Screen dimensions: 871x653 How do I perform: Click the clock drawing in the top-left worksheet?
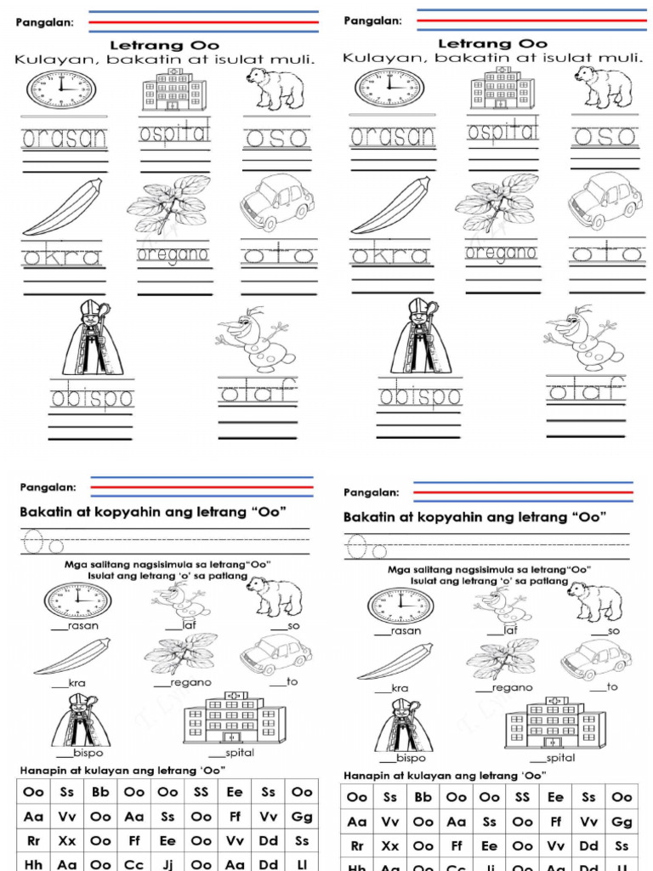pos(61,88)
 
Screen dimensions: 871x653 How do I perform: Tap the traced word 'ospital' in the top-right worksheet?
pos(503,134)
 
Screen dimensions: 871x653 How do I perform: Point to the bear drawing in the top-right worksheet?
pos(603,86)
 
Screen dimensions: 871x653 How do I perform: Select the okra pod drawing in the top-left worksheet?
pos(63,208)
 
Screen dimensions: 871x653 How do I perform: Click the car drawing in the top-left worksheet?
pos(277,202)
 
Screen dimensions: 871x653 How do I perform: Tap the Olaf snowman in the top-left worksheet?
pos(256,338)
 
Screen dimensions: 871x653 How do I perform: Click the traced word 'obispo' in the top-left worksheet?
pos(92,397)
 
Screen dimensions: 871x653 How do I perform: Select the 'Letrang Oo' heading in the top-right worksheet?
pos(491,43)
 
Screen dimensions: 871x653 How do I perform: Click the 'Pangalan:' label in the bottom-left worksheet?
pos(48,487)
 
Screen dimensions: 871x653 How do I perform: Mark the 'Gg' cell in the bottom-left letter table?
pos(302,817)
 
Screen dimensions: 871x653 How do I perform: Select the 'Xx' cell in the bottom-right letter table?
pos(390,846)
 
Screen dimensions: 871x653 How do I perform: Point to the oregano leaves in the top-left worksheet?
pos(168,203)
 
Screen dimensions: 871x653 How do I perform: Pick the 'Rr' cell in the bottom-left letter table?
pos(34,840)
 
